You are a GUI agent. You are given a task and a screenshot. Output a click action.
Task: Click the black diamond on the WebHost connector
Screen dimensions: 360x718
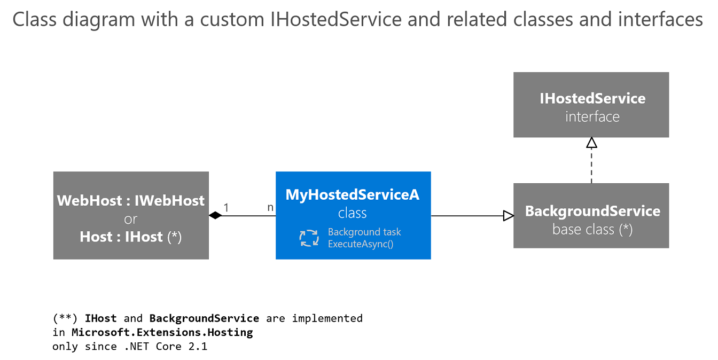(x=215, y=216)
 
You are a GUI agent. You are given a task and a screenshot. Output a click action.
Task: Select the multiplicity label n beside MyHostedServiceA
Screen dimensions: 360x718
(x=270, y=207)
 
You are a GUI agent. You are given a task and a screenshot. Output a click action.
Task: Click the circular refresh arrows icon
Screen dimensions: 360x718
(x=309, y=238)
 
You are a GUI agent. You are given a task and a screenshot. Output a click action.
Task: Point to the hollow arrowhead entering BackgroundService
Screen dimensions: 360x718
(x=508, y=216)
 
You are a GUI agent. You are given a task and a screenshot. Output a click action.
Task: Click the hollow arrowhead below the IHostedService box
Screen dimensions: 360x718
(x=591, y=143)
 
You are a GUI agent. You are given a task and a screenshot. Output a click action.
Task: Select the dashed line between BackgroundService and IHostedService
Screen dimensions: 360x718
(x=591, y=166)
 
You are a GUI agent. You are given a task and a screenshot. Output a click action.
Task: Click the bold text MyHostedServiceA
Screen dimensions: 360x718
(x=353, y=195)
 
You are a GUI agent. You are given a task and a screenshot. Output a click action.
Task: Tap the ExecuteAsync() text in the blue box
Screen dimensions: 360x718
(x=361, y=245)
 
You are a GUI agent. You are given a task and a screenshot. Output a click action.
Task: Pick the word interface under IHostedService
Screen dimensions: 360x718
(x=592, y=117)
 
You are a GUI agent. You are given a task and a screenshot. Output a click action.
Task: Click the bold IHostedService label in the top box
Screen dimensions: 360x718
(x=592, y=98)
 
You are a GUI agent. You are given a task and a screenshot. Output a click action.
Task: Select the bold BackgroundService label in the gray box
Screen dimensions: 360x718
(x=592, y=211)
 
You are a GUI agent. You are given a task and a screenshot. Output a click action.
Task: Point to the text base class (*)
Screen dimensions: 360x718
(x=592, y=230)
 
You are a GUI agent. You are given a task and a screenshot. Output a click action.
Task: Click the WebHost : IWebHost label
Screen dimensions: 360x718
(x=131, y=201)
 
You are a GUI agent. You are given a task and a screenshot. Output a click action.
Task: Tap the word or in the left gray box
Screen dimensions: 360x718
(x=131, y=219)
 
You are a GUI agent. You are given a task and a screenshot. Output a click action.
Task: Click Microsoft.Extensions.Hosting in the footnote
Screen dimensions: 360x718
(x=162, y=332)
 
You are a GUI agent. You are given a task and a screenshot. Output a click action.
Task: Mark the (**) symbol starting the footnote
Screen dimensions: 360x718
(x=63, y=318)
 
